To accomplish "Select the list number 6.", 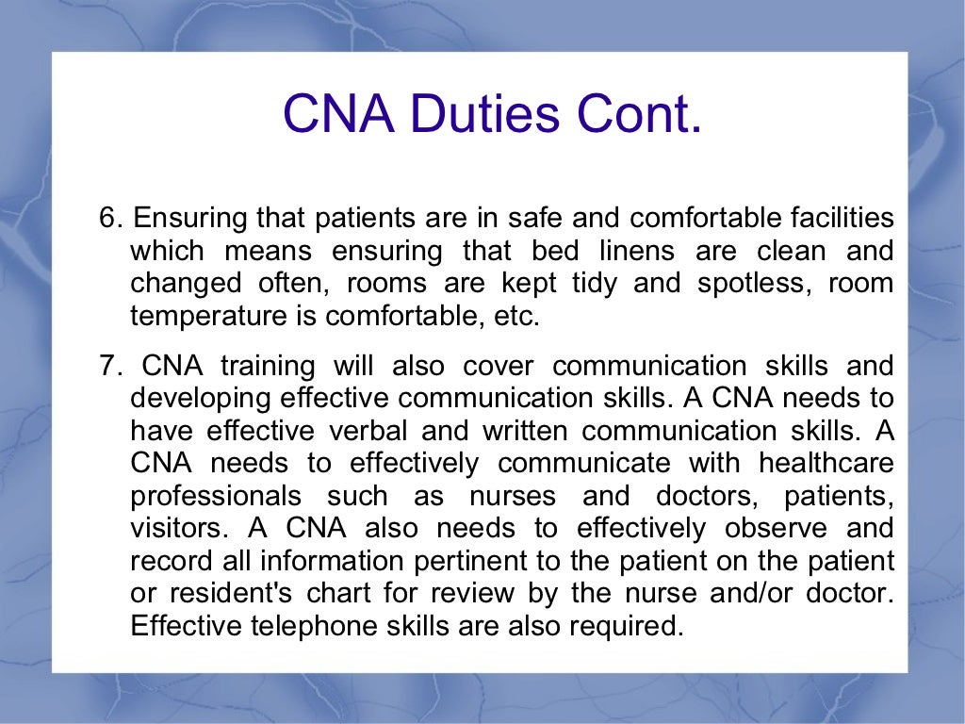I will [110, 220].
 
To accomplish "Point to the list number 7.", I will [110, 367].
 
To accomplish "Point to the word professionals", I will [217, 496].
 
